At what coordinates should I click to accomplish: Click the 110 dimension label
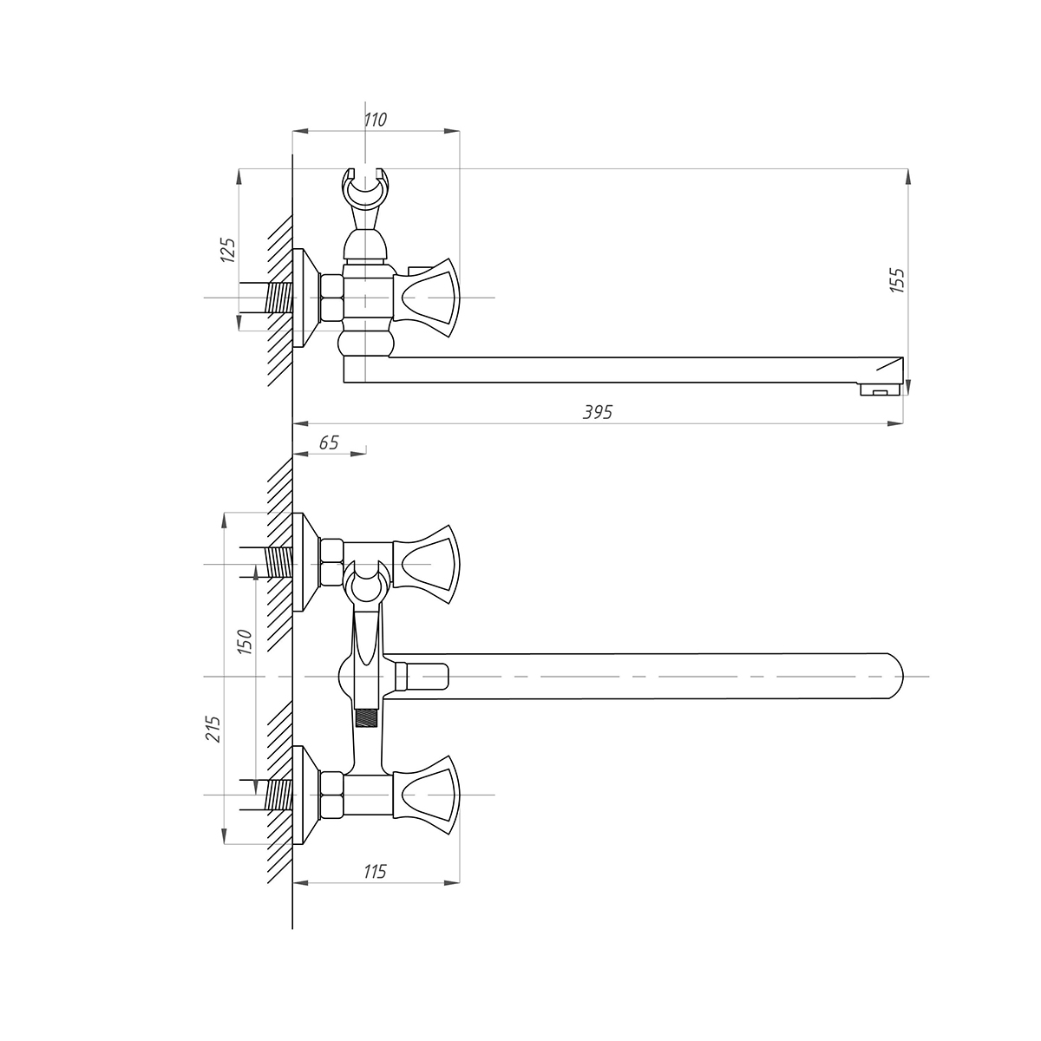pyautogui.click(x=375, y=120)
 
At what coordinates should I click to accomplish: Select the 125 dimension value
pyautogui.click(x=228, y=250)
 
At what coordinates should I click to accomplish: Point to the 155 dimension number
pyautogui.click(x=897, y=280)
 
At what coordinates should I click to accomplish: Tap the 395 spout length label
pyautogui.click(x=598, y=412)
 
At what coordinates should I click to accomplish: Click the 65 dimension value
pyautogui.click(x=329, y=442)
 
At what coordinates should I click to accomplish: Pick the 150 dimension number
pyautogui.click(x=245, y=642)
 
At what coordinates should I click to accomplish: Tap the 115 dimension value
pyautogui.click(x=375, y=871)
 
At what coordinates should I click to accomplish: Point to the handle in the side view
pyautogui.click(x=427, y=298)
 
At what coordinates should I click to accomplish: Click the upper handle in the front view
pyautogui.click(x=427, y=565)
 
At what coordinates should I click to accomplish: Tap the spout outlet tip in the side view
pyautogui.click(x=881, y=390)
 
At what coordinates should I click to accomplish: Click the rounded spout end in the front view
pyautogui.click(x=895, y=677)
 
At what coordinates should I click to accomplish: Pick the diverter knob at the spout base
pyautogui.click(x=422, y=677)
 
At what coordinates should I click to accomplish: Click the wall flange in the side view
pyautogui.click(x=305, y=298)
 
